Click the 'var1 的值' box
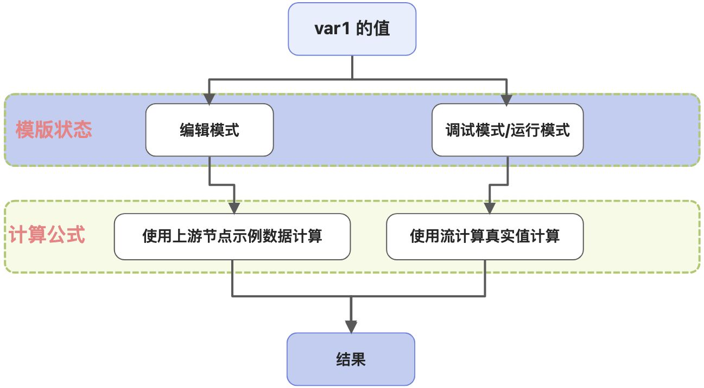(x=352, y=29)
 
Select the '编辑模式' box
(x=210, y=130)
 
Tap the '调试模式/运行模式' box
(x=508, y=130)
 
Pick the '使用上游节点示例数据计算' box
(x=232, y=236)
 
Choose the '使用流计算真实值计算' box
(x=485, y=236)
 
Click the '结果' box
(x=351, y=359)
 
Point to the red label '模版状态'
(x=54, y=130)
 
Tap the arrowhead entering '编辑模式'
(x=210, y=99)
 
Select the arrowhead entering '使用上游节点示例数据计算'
(x=234, y=208)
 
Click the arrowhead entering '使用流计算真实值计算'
(x=490, y=208)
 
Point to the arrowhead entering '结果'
(x=351, y=327)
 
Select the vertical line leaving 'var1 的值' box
(x=352, y=67)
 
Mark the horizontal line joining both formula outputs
(x=358, y=296)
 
